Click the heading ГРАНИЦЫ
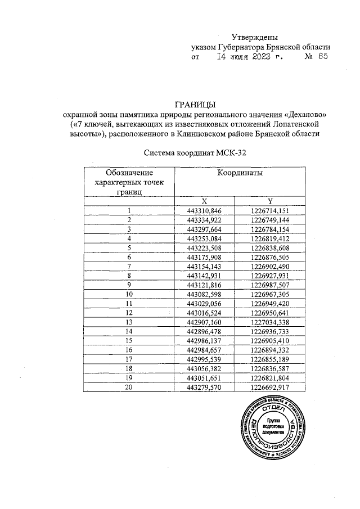[x=195, y=104]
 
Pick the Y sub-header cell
[x=270, y=201]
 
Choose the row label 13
[x=129, y=322]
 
